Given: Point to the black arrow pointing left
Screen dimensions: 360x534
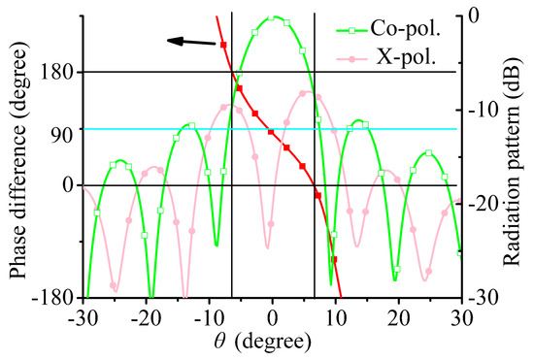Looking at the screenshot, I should [189, 41].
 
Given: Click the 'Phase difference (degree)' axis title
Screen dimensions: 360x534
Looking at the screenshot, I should [21, 161].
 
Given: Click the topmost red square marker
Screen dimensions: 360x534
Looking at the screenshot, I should [223, 45].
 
